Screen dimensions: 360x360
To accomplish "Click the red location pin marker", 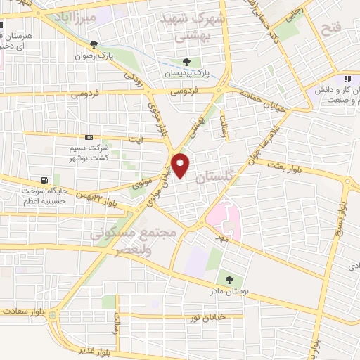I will pos(181,165).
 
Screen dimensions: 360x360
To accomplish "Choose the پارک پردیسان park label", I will pos(186,73).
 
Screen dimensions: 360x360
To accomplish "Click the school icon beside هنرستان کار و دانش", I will pos(347,79).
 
